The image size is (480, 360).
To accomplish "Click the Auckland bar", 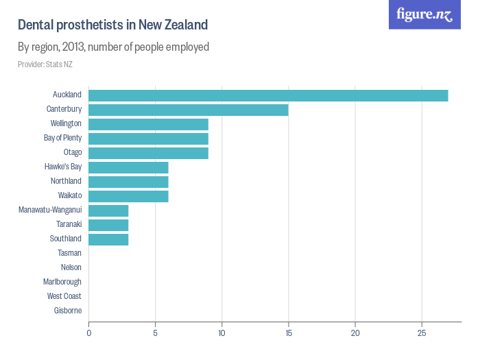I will point(268,95).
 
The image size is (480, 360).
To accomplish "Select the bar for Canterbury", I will point(189,110).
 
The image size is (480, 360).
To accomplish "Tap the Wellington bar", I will point(148,124).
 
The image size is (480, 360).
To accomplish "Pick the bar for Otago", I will point(148,153).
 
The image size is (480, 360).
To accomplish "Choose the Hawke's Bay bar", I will point(128,167).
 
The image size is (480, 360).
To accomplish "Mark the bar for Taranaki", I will point(108,225).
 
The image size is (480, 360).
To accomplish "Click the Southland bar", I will point(108,239).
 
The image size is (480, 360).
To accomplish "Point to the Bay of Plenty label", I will point(62,138).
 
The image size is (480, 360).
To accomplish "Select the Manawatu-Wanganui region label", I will point(50,210).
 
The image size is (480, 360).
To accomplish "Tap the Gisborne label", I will point(68,311).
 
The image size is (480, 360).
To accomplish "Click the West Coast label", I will point(64,296).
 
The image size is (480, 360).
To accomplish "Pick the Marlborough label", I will point(62,282).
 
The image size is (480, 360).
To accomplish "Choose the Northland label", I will point(66,181).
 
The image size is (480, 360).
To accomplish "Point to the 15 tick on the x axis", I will point(289,333).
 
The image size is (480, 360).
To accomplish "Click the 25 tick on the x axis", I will point(422,333).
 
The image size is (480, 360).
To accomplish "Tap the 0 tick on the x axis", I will point(88,333).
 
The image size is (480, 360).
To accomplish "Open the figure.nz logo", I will point(424,15).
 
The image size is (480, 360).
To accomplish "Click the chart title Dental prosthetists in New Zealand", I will point(112,25).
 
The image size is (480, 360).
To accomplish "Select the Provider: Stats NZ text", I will point(45,64).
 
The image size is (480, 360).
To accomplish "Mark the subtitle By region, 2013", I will point(113,47).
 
